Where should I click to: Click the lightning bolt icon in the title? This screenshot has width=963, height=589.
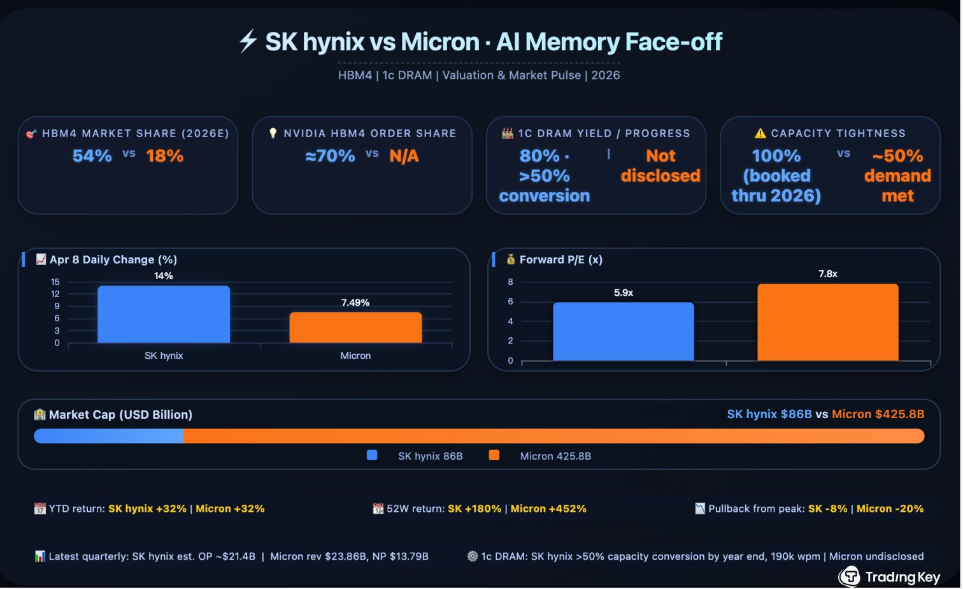248,41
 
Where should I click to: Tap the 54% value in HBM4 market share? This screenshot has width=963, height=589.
92,156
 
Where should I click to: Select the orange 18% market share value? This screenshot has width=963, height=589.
165,156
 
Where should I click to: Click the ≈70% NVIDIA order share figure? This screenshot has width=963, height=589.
330,156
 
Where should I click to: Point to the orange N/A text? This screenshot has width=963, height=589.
404,156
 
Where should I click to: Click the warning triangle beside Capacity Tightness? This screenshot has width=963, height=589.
760,133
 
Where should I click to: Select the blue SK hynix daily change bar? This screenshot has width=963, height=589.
164,315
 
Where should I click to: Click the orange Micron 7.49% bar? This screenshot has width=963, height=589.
355,328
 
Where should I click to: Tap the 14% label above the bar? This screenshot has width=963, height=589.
164,276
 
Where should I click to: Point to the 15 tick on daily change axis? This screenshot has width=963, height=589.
55,282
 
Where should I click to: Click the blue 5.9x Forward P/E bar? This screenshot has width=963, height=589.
623,331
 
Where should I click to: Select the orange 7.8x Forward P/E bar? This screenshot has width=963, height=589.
827,323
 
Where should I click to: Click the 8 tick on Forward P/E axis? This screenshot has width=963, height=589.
510,282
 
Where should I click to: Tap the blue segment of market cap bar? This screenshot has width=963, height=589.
108,436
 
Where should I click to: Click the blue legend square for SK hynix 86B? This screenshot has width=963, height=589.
372,455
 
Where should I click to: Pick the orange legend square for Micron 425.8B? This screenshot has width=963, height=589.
494,455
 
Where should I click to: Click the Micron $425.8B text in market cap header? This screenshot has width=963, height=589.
878,414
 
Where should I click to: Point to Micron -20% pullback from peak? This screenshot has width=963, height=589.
890,509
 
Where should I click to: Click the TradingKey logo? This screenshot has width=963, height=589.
890,577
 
